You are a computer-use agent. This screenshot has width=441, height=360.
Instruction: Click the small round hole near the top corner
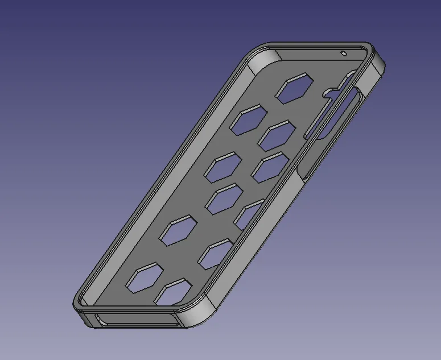pyautogui.click(x=344, y=52)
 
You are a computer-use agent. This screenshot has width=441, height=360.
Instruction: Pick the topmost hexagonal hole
pyautogui.click(x=294, y=88)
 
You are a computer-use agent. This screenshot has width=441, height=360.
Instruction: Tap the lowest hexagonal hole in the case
pyautogui.click(x=174, y=292)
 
